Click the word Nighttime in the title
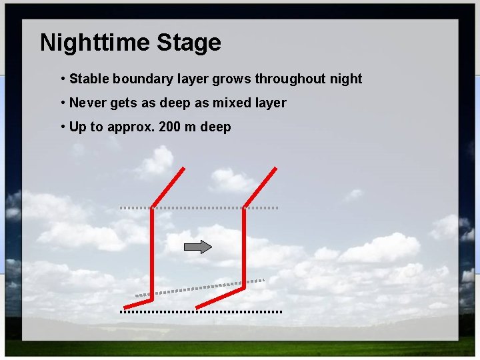tap(95, 43)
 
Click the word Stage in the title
tap(189, 43)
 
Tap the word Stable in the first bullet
tap(89, 79)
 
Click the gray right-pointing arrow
tap(197, 247)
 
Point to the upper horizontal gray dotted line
tap(200, 208)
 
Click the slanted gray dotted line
tap(200, 287)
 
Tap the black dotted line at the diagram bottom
tap(200, 311)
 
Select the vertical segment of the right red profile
tap(244, 247)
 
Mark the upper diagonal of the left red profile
tap(168, 187)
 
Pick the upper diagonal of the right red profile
tap(260, 187)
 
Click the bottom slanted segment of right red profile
tap(220, 298)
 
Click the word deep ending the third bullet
tap(215, 127)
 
